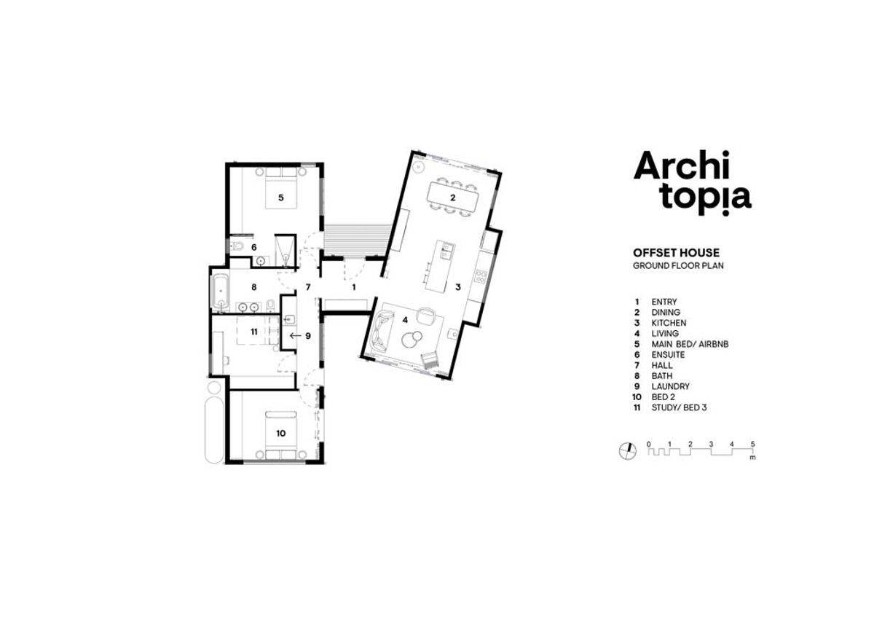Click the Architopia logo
point(692,183)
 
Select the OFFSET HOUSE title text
point(676,253)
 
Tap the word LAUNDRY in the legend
point(670,386)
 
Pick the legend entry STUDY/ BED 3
point(679,407)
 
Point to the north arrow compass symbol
point(627,451)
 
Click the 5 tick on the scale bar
point(752,445)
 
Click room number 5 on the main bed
point(281,197)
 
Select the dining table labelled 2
point(452,197)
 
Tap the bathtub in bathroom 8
point(220,292)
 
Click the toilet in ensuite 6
point(237,246)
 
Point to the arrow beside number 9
point(296,335)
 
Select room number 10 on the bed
point(281,433)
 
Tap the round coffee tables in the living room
point(412,339)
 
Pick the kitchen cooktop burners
point(480,276)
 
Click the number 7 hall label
point(308,287)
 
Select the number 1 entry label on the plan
point(354,288)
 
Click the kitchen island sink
point(446,250)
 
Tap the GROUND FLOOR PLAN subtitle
point(678,266)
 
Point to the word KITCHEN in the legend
point(669,323)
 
